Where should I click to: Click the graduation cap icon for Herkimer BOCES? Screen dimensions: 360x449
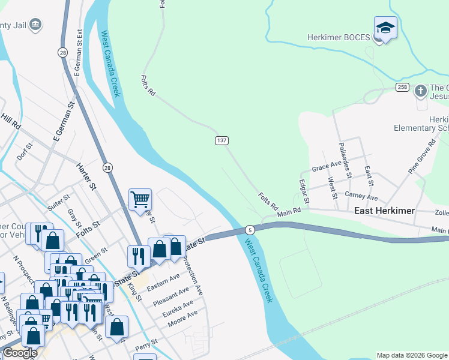tap(385, 28)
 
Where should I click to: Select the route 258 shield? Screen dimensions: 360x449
tap(402, 88)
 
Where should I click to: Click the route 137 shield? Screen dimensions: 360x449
tap(221, 140)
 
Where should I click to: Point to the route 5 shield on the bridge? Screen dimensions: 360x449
tap(250, 230)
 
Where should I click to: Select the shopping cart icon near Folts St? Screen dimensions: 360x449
tap(140, 199)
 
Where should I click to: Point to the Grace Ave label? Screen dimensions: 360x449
tap(327, 167)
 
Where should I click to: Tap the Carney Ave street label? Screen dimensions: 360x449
tap(361, 196)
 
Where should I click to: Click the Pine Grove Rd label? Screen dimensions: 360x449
tap(422, 157)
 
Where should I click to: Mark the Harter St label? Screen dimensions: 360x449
tap(86, 177)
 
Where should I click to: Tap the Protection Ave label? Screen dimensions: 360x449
tap(192, 276)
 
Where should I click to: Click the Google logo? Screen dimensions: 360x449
tap(20, 353)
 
